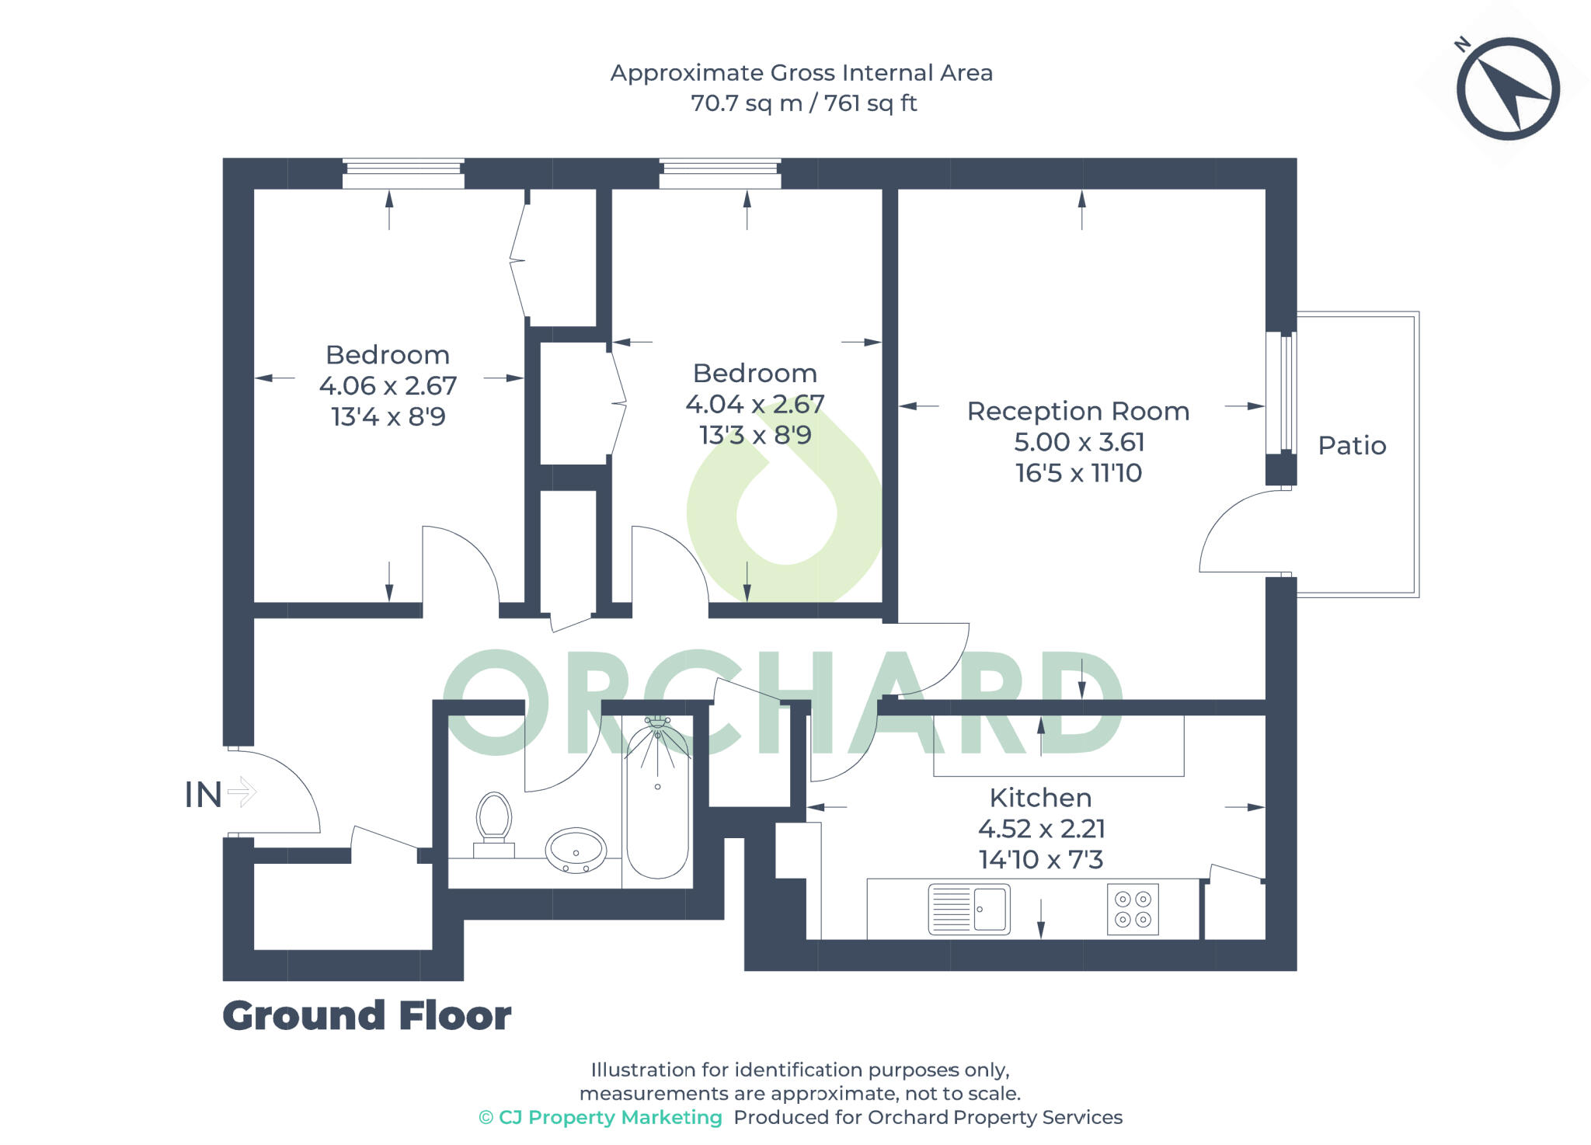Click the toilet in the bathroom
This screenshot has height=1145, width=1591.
[x=494, y=823]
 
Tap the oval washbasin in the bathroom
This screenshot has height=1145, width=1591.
[x=576, y=850]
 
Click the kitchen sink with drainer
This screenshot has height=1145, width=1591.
[x=969, y=909]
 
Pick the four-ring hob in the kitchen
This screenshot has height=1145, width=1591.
[x=1133, y=909]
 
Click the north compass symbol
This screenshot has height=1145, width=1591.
[x=1507, y=89]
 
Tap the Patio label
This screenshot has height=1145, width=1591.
[x=1352, y=446]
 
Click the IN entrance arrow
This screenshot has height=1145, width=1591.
[x=242, y=792]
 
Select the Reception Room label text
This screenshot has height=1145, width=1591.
[x=1077, y=411]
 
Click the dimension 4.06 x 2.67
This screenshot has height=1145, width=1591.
[x=388, y=386]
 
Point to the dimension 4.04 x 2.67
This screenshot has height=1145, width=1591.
[x=754, y=404]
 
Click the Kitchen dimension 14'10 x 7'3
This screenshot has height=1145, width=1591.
[x=1040, y=860]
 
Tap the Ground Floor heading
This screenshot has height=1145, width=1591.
[x=367, y=1016]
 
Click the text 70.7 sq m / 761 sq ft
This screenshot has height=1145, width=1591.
[x=803, y=103]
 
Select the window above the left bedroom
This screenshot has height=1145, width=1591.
[x=403, y=174]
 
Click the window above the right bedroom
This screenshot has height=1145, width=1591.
[x=720, y=174]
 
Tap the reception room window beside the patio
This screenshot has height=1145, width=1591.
[x=1280, y=393]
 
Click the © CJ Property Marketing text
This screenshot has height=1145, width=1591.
[x=601, y=1118]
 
